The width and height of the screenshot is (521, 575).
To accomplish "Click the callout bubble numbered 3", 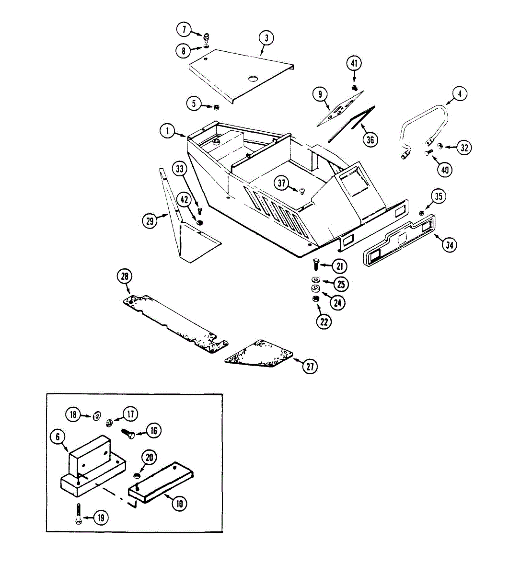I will point(266,38).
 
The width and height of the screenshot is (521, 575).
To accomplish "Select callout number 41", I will point(354,63).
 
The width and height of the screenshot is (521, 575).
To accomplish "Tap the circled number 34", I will point(449,245).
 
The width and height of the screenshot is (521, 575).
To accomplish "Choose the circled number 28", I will point(125,276).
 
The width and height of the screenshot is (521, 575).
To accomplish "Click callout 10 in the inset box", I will point(180,504).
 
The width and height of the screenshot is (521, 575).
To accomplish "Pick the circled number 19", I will point(101,517).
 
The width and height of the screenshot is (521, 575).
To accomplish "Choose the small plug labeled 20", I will point(136,475).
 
